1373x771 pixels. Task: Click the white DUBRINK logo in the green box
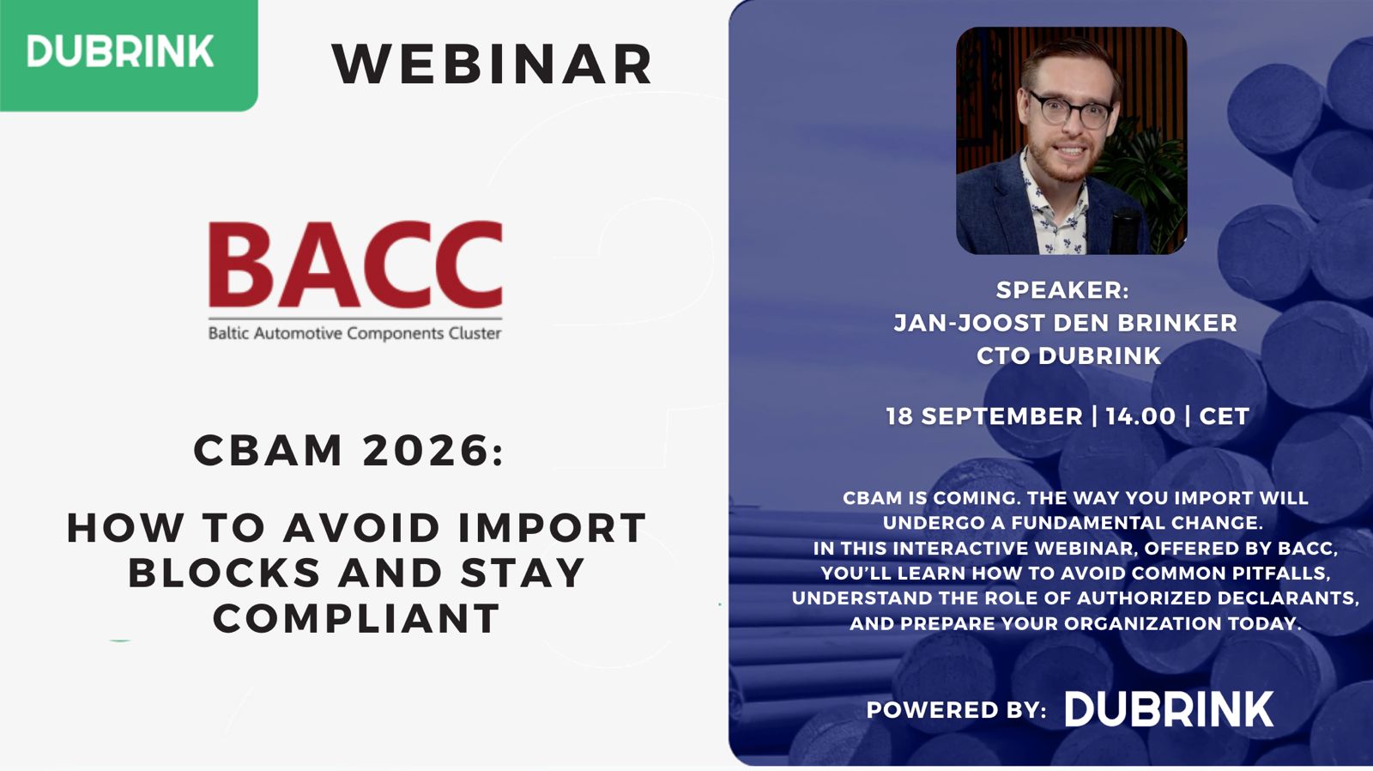pos(120,51)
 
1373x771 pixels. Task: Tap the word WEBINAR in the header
pos(493,64)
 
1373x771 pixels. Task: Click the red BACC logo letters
pos(355,264)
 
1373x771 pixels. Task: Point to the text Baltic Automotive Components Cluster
pos(355,333)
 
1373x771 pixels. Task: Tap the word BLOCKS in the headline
pos(224,573)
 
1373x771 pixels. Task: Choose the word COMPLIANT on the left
pos(357,618)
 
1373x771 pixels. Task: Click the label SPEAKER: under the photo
pos(1062,290)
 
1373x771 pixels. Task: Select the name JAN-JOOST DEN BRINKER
pos(1065,323)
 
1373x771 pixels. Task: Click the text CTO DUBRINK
pos(1069,355)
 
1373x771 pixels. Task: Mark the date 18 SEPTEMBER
pos(984,416)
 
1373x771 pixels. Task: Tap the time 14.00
pos(1140,416)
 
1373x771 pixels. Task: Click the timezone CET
pos(1224,416)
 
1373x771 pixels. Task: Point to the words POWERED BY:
pos(956,710)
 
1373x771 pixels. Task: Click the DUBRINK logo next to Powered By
pos(1170,709)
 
